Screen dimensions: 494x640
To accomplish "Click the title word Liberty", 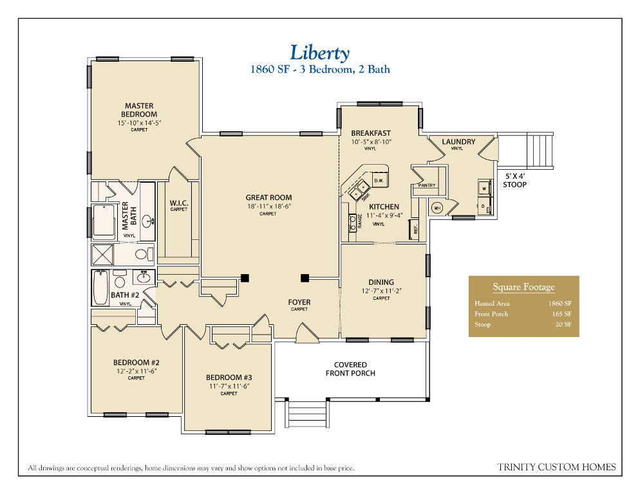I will [x=319, y=51].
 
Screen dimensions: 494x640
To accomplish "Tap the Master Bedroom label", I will [x=139, y=110].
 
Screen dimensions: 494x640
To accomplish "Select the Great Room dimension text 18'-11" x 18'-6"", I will [x=268, y=206].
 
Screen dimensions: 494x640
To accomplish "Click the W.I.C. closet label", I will [x=178, y=203].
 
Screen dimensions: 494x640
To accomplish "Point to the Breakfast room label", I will [x=371, y=133].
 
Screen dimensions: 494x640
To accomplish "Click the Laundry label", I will [x=458, y=142].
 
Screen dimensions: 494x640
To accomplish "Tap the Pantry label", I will [x=427, y=186].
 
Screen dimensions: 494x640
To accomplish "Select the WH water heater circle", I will [x=437, y=208].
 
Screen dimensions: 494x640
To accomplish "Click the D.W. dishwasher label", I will [x=378, y=181].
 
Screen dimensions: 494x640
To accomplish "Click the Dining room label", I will [x=381, y=282].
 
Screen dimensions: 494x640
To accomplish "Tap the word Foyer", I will [x=299, y=302].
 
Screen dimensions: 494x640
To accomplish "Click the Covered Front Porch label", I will [x=350, y=369].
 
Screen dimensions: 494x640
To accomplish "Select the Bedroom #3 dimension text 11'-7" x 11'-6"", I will [x=229, y=386].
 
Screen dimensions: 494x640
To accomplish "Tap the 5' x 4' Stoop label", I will [x=514, y=179].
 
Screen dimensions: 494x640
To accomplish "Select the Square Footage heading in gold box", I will [x=523, y=288].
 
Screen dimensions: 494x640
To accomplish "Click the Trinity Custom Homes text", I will [x=556, y=467].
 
